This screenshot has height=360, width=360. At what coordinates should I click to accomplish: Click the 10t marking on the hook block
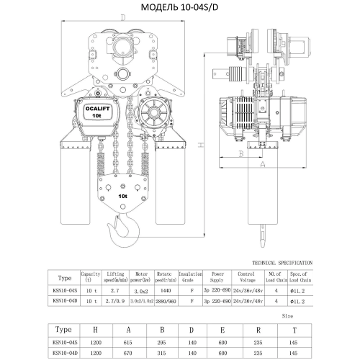(123, 194)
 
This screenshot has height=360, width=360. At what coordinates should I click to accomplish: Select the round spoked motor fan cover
(153, 117)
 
